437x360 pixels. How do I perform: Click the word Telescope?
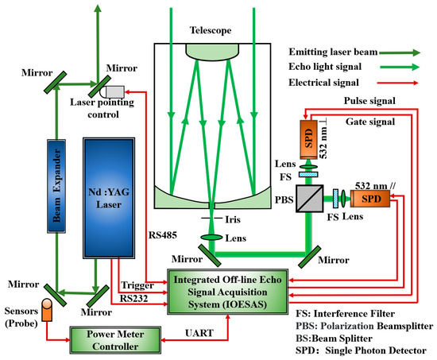[x=210, y=29]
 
